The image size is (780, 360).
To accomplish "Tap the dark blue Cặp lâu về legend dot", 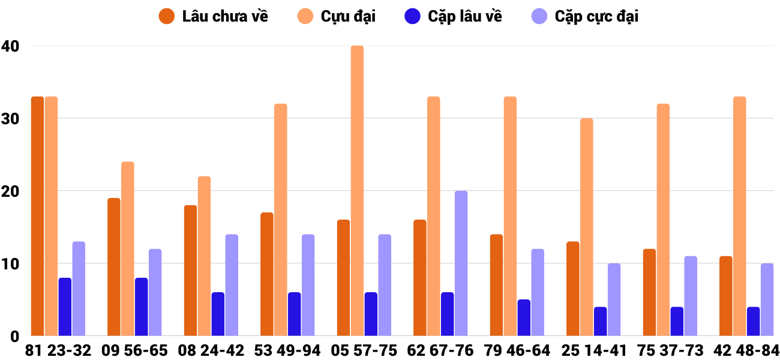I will pos(412,16).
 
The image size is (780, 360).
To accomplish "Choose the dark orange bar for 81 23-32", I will pos(37,216).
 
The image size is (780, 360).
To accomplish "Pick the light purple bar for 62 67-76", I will pos(461,263).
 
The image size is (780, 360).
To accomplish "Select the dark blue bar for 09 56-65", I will pos(141,307).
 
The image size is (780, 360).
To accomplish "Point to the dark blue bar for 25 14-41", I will pos(600,322).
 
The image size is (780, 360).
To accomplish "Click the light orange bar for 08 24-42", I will pos(204,256).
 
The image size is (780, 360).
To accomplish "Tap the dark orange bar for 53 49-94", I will pos(267,274).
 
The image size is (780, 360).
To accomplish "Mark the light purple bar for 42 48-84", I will pos(767,299).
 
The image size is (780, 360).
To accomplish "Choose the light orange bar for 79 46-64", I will pos(510,216).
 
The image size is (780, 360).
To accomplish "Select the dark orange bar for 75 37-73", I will pos(649,292).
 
